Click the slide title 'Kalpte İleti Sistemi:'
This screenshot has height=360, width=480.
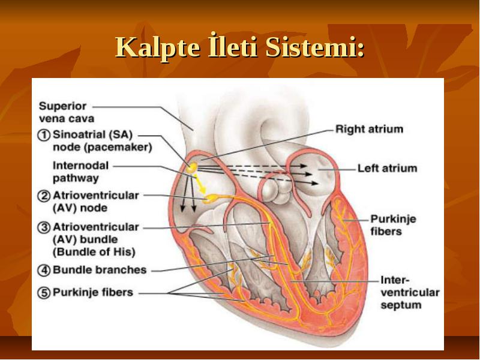coord(240,47)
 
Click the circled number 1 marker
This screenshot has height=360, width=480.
coord(43,135)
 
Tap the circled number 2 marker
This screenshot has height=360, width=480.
coord(43,196)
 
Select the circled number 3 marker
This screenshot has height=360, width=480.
coord(43,227)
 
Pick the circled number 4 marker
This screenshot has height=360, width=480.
coord(43,271)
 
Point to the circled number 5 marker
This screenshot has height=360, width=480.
coord(43,293)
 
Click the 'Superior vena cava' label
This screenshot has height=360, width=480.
coord(67,112)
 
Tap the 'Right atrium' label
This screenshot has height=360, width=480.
coord(369,129)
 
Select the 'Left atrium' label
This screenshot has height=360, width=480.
coord(387,169)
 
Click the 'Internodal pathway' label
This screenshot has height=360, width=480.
coord(80,172)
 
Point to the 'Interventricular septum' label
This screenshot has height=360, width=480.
coord(410,292)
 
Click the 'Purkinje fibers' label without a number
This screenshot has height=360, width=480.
coord(393,225)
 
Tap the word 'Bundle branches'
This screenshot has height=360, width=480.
coord(100,270)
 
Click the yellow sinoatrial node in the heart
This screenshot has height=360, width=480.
coord(193,167)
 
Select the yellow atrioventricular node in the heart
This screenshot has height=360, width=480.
coord(211,199)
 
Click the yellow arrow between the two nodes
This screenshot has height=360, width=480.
coord(200,184)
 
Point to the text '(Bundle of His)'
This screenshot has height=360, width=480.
coord(94,252)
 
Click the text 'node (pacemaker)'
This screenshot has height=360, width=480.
coord(102,148)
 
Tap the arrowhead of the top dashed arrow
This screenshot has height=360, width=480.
coord(303,166)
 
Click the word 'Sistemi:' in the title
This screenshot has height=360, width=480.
coord(315,47)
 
